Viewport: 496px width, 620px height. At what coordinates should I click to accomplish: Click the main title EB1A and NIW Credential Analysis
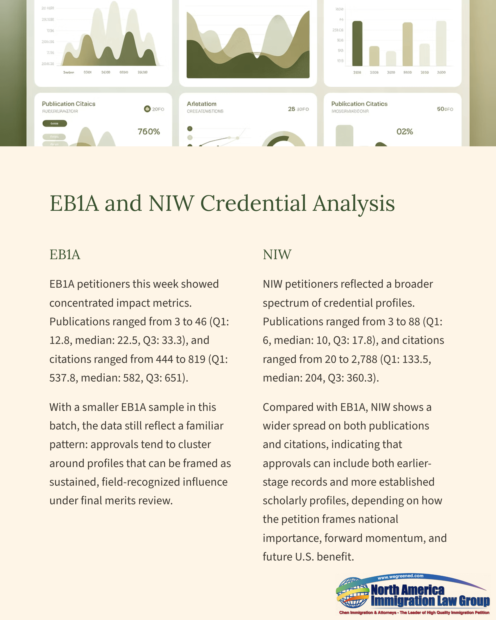click(x=222, y=203)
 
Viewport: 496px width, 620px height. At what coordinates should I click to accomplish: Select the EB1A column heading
click(x=65, y=254)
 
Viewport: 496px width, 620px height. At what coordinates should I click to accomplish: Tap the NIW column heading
click(x=277, y=254)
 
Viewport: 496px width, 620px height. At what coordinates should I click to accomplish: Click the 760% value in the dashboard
click(x=149, y=132)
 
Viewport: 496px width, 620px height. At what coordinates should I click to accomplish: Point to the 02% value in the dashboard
click(x=405, y=132)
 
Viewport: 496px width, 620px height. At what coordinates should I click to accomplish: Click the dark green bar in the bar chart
click(x=357, y=44)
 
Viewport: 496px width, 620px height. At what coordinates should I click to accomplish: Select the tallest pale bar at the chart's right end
click(x=441, y=44)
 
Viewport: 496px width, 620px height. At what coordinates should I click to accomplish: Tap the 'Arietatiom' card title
click(x=201, y=104)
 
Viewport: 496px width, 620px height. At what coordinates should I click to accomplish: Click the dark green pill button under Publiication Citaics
click(x=55, y=123)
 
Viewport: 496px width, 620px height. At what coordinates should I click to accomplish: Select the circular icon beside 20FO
click(x=147, y=109)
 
